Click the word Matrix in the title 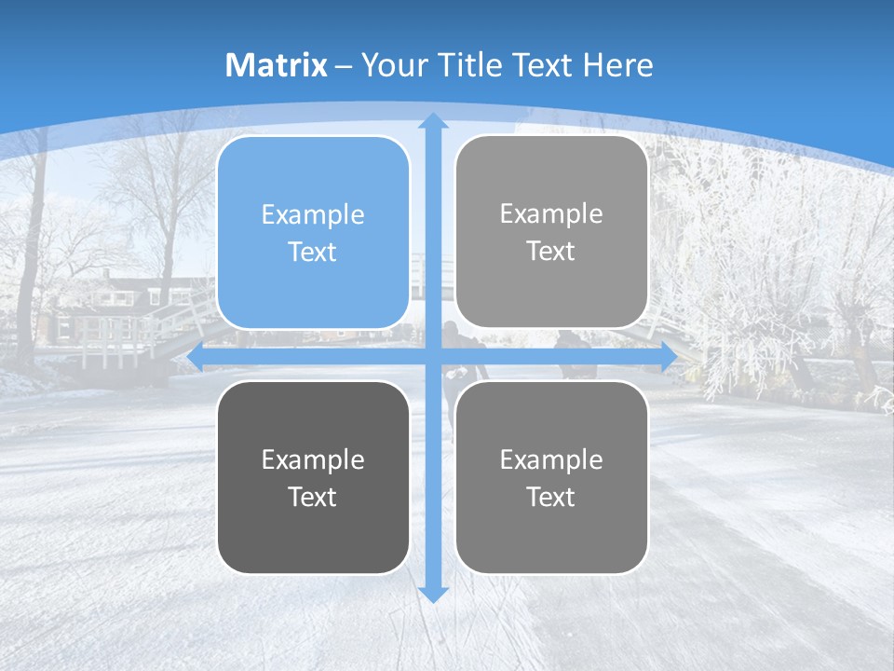[x=277, y=65]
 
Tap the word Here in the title [x=617, y=65]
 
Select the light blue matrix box [x=313, y=233]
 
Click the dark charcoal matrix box [x=313, y=477]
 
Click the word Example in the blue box [x=313, y=214]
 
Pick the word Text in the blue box [x=313, y=253]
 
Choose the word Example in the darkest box [x=313, y=459]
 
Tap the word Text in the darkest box [x=313, y=497]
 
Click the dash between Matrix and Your [x=344, y=66]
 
